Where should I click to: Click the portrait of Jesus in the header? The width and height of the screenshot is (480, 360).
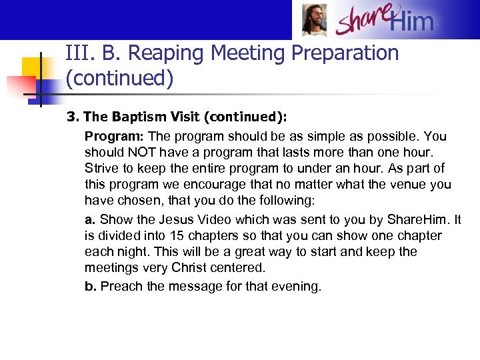[314, 20]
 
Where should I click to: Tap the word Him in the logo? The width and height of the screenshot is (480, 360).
[411, 22]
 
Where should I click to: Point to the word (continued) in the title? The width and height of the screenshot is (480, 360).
[119, 79]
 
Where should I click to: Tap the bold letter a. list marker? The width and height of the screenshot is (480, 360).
[90, 220]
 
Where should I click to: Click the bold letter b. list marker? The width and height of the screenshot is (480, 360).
[90, 287]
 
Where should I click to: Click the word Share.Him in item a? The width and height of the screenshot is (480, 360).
[420, 220]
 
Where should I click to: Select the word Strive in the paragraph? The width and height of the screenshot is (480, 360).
[101, 169]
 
